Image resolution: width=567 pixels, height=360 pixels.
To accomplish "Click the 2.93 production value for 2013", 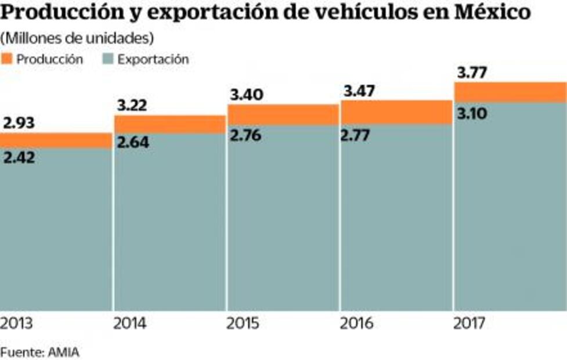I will point(19,123).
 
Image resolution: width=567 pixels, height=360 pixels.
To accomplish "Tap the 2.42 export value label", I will point(19,157).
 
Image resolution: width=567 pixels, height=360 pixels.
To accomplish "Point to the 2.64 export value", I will point(133,142).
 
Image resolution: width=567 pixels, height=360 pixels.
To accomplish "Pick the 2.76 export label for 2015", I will point(245,135).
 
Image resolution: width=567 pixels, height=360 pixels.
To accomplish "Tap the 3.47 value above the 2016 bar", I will point(359,91).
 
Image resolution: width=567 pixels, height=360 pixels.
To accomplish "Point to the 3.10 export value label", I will point(472,113).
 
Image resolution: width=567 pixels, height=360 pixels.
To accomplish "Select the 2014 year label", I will point(130,322).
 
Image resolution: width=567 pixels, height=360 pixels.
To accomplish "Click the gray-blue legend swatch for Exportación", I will point(107,59).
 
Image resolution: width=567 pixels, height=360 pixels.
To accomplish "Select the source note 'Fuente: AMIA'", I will point(39,351).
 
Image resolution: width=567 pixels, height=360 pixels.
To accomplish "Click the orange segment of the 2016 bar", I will point(396,113).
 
